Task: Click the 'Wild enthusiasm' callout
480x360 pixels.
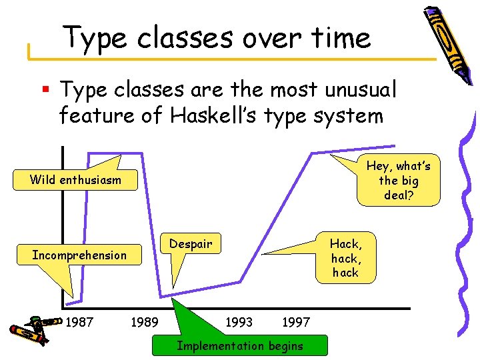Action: click(x=75, y=179)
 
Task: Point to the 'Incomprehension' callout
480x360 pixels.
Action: click(x=79, y=255)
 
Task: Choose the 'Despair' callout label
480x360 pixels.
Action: click(x=190, y=244)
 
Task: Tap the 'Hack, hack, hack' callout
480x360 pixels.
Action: click(x=345, y=258)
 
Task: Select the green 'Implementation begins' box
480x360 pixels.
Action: click(x=239, y=345)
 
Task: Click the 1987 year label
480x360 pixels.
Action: click(x=80, y=323)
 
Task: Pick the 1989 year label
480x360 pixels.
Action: click(x=144, y=323)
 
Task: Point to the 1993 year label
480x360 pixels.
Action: click(x=239, y=323)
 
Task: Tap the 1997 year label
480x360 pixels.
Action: click(x=296, y=323)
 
